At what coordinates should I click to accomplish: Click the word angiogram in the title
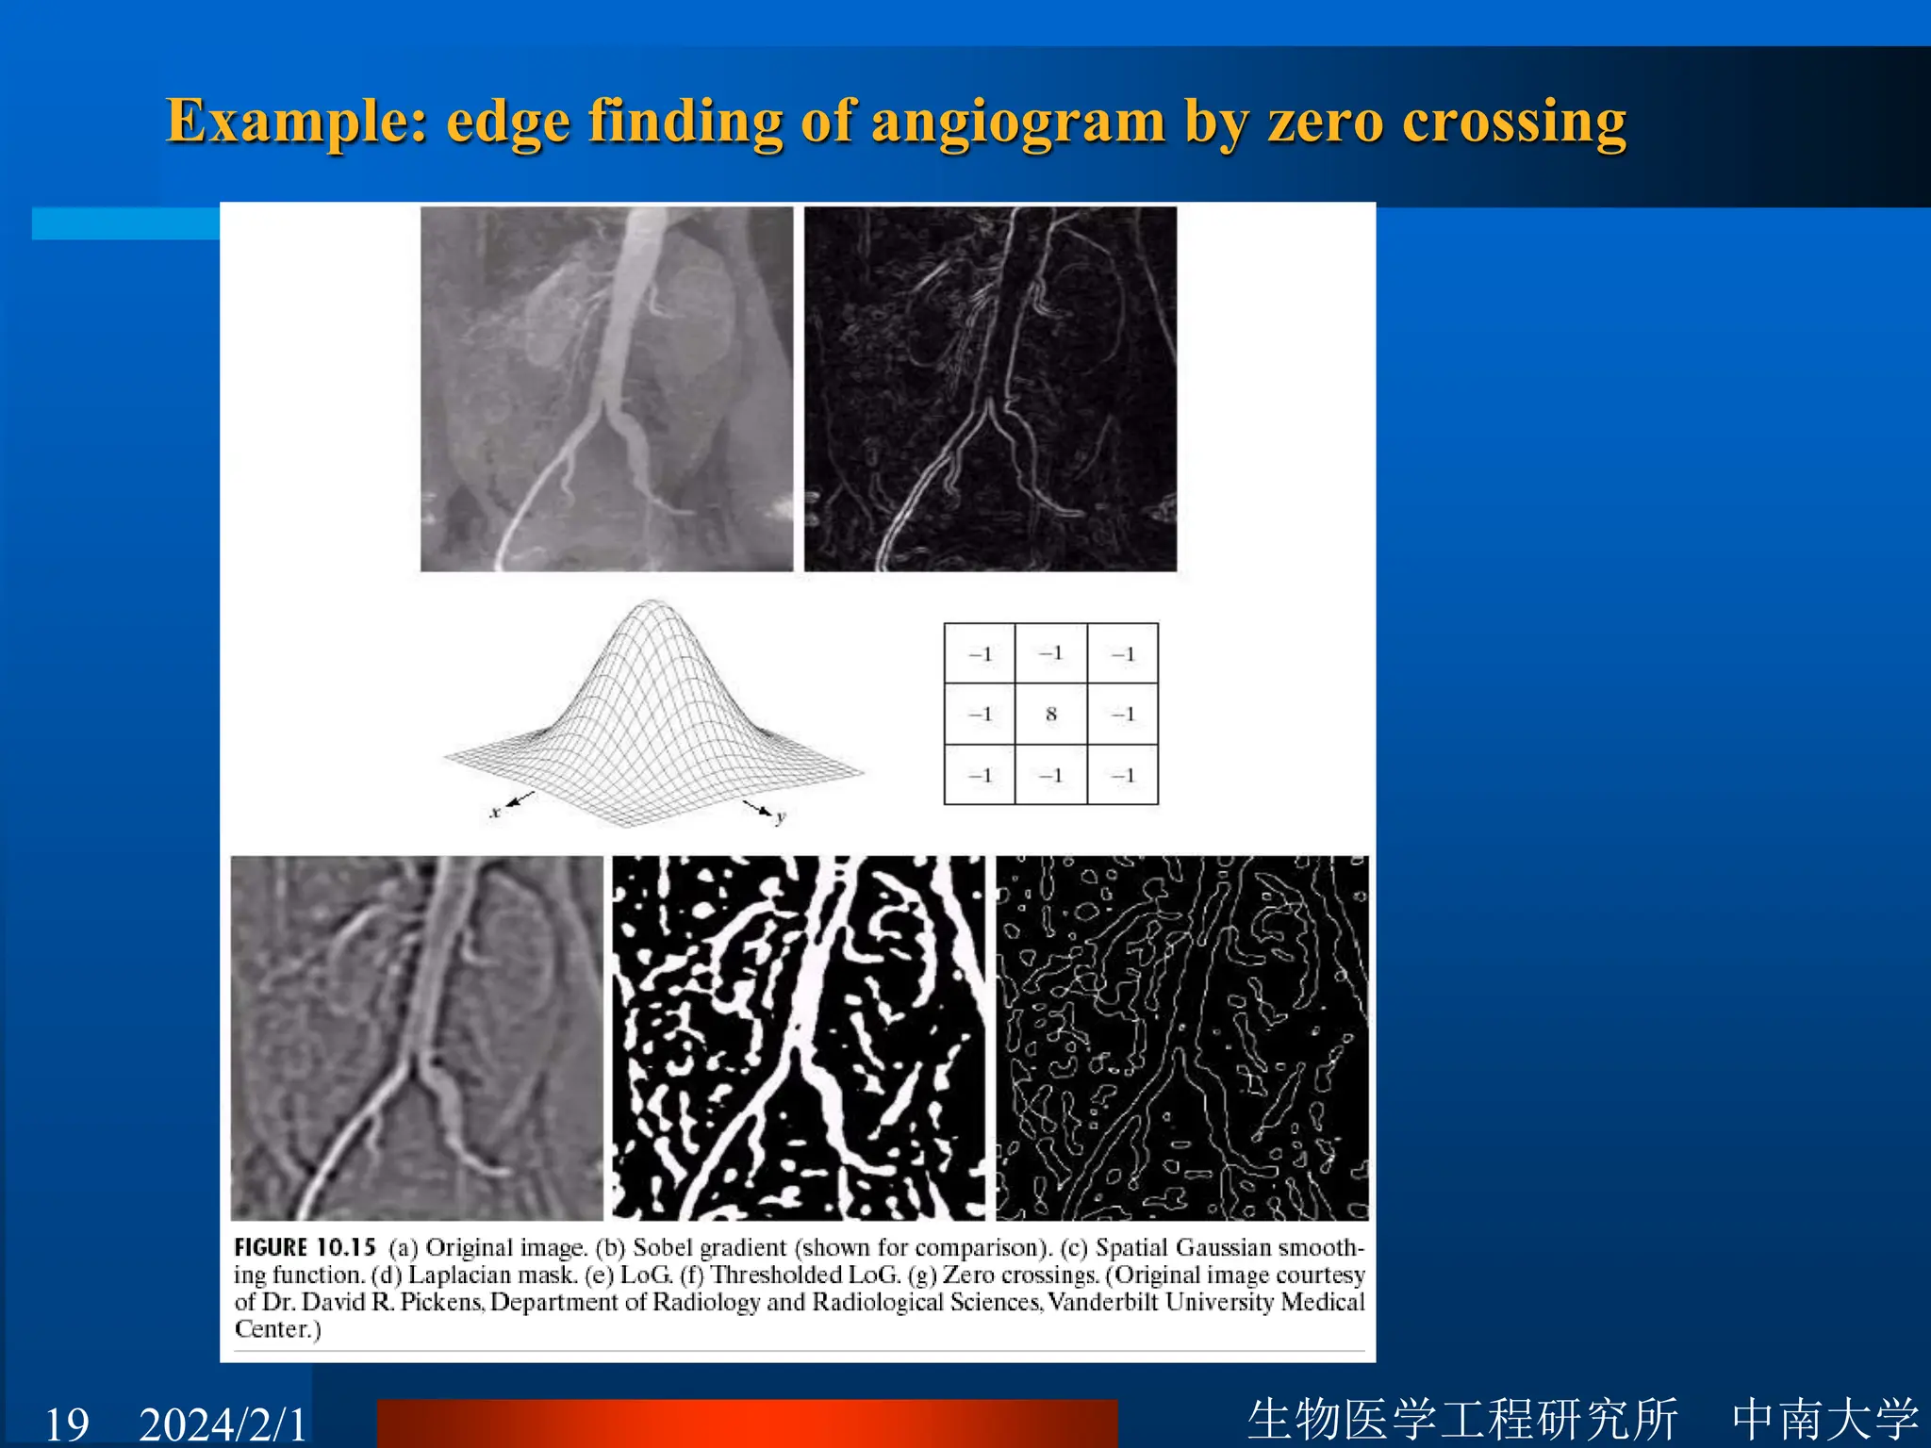click(1018, 123)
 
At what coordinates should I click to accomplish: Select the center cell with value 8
click(1050, 715)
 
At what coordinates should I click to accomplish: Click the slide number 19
click(67, 1423)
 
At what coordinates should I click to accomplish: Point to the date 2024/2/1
click(223, 1423)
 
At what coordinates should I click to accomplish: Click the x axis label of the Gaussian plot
click(495, 812)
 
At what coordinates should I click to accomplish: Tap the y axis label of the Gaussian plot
click(781, 816)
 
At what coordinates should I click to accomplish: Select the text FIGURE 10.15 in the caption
click(305, 1247)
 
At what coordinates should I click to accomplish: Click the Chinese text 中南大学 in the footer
click(1825, 1420)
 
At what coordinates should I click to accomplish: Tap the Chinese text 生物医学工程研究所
click(1462, 1420)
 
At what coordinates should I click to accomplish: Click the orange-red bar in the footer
click(747, 1423)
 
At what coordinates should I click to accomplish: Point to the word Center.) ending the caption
click(277, 1329)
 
